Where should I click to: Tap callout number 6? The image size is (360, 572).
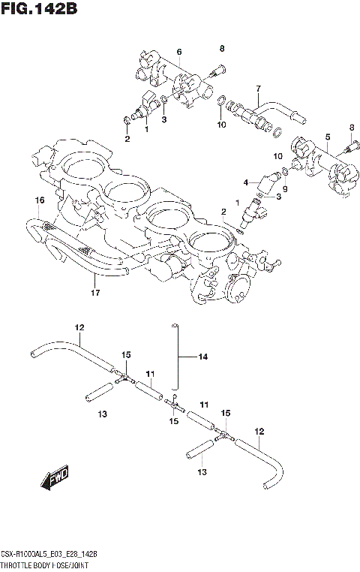[x=179, y=51]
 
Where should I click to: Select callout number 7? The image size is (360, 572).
[x=257, y=88]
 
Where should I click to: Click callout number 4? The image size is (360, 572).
[x=245, y=182]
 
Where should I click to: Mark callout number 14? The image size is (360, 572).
[x=202, y=357]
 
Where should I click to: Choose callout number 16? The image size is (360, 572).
[x=39, y=200]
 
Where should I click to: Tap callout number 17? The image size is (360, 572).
[x=94, y=292]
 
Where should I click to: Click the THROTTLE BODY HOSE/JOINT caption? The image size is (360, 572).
[x=46, y=562]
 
